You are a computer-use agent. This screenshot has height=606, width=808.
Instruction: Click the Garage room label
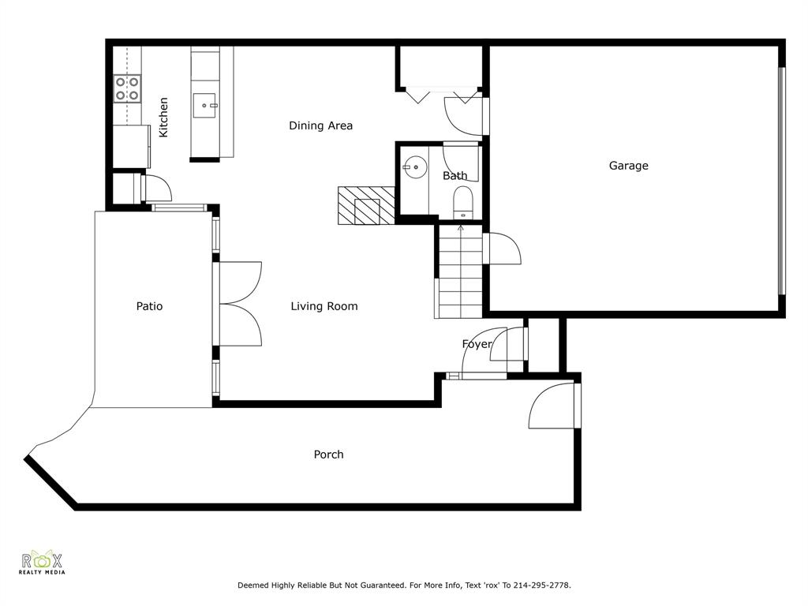pos(628,166)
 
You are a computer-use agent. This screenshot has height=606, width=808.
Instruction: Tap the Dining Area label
pos(320,125)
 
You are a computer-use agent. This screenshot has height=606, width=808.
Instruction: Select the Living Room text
pos(324,307)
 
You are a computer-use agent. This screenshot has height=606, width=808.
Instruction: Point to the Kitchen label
pos(163,118)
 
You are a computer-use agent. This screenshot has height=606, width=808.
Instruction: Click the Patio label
pos(149,306)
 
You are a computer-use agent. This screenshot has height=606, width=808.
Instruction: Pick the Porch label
pos(328,454)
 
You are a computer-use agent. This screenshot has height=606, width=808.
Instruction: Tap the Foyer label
pos(477,344)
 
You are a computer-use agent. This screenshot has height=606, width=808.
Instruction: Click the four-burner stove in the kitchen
pos(127,88)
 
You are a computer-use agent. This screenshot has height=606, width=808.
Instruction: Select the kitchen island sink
pos(204,105)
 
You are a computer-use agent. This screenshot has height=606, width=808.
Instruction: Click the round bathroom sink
pos(414,167)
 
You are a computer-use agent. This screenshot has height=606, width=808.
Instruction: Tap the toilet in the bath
pos(462,203)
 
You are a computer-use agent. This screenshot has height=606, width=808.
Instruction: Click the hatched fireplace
pos(366,205)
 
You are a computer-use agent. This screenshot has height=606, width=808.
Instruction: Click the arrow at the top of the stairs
pos(460,229)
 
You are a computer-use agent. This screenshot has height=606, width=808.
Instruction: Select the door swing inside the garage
pos(504,249)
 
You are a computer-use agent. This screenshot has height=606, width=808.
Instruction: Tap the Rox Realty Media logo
pos(42,563)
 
